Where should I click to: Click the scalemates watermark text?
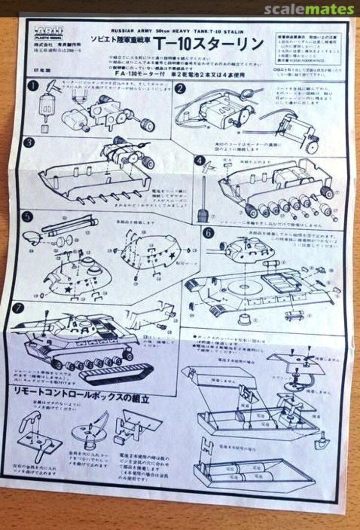click(x=309, y=9)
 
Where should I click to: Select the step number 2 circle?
click(x=180, y=88)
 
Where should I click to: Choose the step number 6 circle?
click(x=208, y=233)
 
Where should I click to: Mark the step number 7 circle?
click(x=19, y=309)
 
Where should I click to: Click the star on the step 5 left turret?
click(x=68, y=289)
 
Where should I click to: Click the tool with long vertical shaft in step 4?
click(x=202, y=201)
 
